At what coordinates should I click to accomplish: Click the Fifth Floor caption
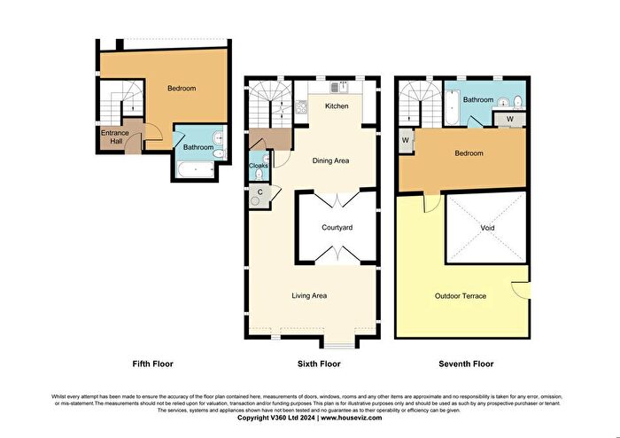[x=152, y=364]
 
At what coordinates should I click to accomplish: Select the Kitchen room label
[x=337, y=106]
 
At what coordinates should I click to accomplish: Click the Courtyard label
[x=337, y=228]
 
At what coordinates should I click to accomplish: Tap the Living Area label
[x=311, y=295]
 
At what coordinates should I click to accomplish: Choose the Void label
[x=487, y=228]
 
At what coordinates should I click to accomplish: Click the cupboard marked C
[x=260, y=192]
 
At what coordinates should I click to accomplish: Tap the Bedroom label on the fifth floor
[x=181, y=89]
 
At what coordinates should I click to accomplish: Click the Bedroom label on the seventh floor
[x=469, y=153]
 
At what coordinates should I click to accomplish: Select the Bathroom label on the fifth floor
[x=198, y=147]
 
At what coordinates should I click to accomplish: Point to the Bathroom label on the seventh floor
[x=479, y=100]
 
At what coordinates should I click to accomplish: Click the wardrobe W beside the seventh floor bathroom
[x=510, y=118]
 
